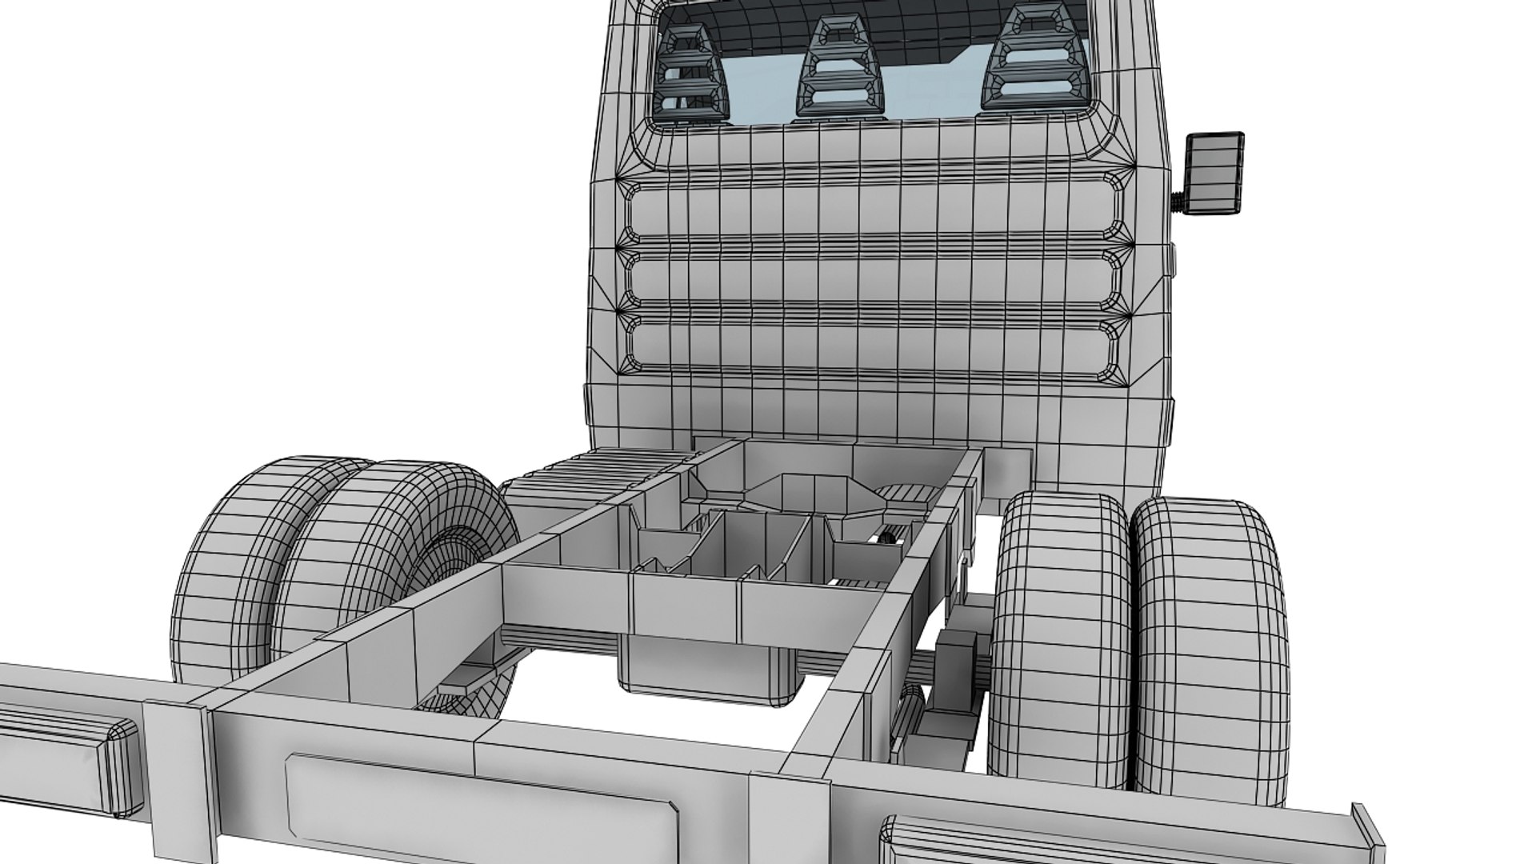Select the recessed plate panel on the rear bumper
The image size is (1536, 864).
(480, 808)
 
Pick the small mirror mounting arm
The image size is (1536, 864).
(1177, 201)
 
